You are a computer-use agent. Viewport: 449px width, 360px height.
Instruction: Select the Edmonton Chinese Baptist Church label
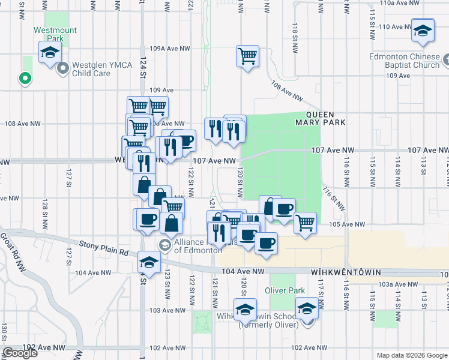coord(404,61)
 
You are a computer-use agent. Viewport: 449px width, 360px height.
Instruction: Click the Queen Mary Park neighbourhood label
coord(325,118)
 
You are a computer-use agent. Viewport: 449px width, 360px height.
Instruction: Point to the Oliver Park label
coord(282,291)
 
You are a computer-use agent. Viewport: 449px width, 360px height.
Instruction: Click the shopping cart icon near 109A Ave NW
coord(247,56)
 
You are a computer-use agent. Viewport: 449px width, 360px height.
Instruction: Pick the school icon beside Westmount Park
coord(50,52)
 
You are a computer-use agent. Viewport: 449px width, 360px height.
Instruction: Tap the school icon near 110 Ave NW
coord(423,30)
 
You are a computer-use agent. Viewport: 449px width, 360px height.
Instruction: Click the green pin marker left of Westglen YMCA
coord(25,78)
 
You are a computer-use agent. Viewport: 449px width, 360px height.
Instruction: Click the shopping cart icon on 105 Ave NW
coord(305,223)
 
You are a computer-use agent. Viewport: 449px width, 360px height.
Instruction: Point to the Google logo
coord(20,353)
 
